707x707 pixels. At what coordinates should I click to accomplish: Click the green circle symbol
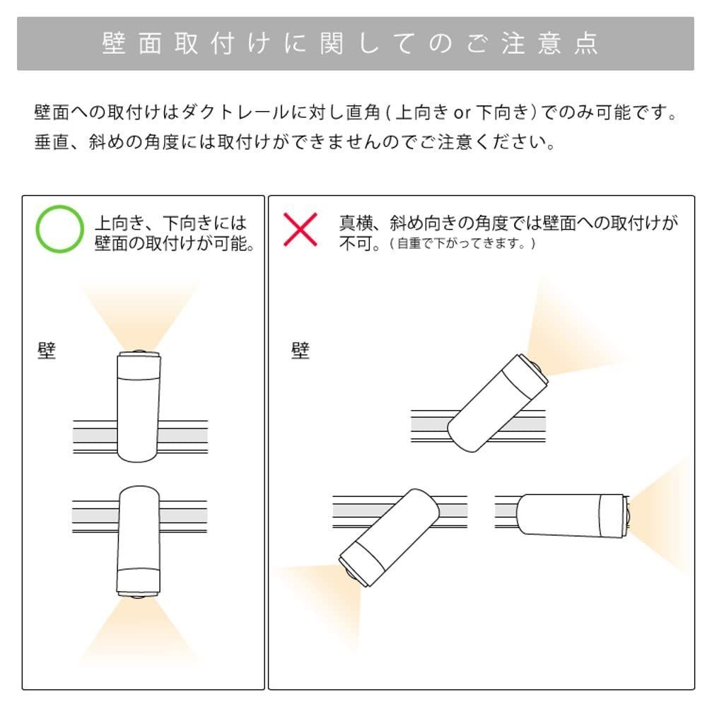click(59, 229)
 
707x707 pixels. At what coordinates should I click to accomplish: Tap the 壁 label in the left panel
click(46, 351)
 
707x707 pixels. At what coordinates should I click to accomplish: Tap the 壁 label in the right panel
click(300, 351)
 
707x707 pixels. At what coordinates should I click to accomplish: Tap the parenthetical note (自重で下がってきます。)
click(463, 244)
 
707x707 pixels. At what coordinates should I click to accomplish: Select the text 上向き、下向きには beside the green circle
click(170, 223)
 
